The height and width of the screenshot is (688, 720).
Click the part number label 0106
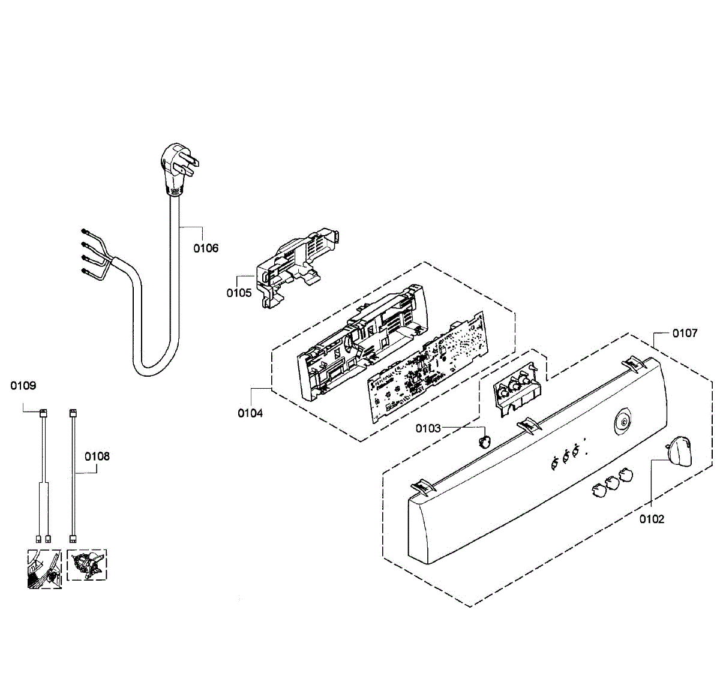206,248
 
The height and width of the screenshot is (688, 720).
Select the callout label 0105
239,293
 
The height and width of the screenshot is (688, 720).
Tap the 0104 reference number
250,413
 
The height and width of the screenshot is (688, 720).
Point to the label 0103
428,428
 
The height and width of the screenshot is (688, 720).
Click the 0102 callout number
652,519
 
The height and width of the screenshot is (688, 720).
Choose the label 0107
685,333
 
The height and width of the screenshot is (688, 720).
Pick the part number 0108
97,456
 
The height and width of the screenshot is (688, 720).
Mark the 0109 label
23,386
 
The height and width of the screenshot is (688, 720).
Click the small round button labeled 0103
484,441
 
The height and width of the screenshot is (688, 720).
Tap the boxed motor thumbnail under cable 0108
87,565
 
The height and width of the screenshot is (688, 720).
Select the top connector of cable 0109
43,413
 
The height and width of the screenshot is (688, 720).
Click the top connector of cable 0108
73,413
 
